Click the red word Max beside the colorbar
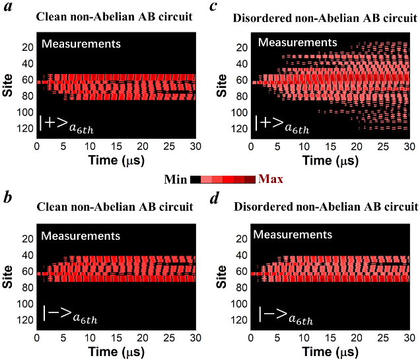271,179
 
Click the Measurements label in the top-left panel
81,44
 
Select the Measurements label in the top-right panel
297,42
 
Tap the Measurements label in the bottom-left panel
81,236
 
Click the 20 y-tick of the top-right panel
242,47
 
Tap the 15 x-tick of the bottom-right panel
330,336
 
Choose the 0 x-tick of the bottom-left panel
37,336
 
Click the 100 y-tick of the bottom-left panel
25,304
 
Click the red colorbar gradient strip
228,179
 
